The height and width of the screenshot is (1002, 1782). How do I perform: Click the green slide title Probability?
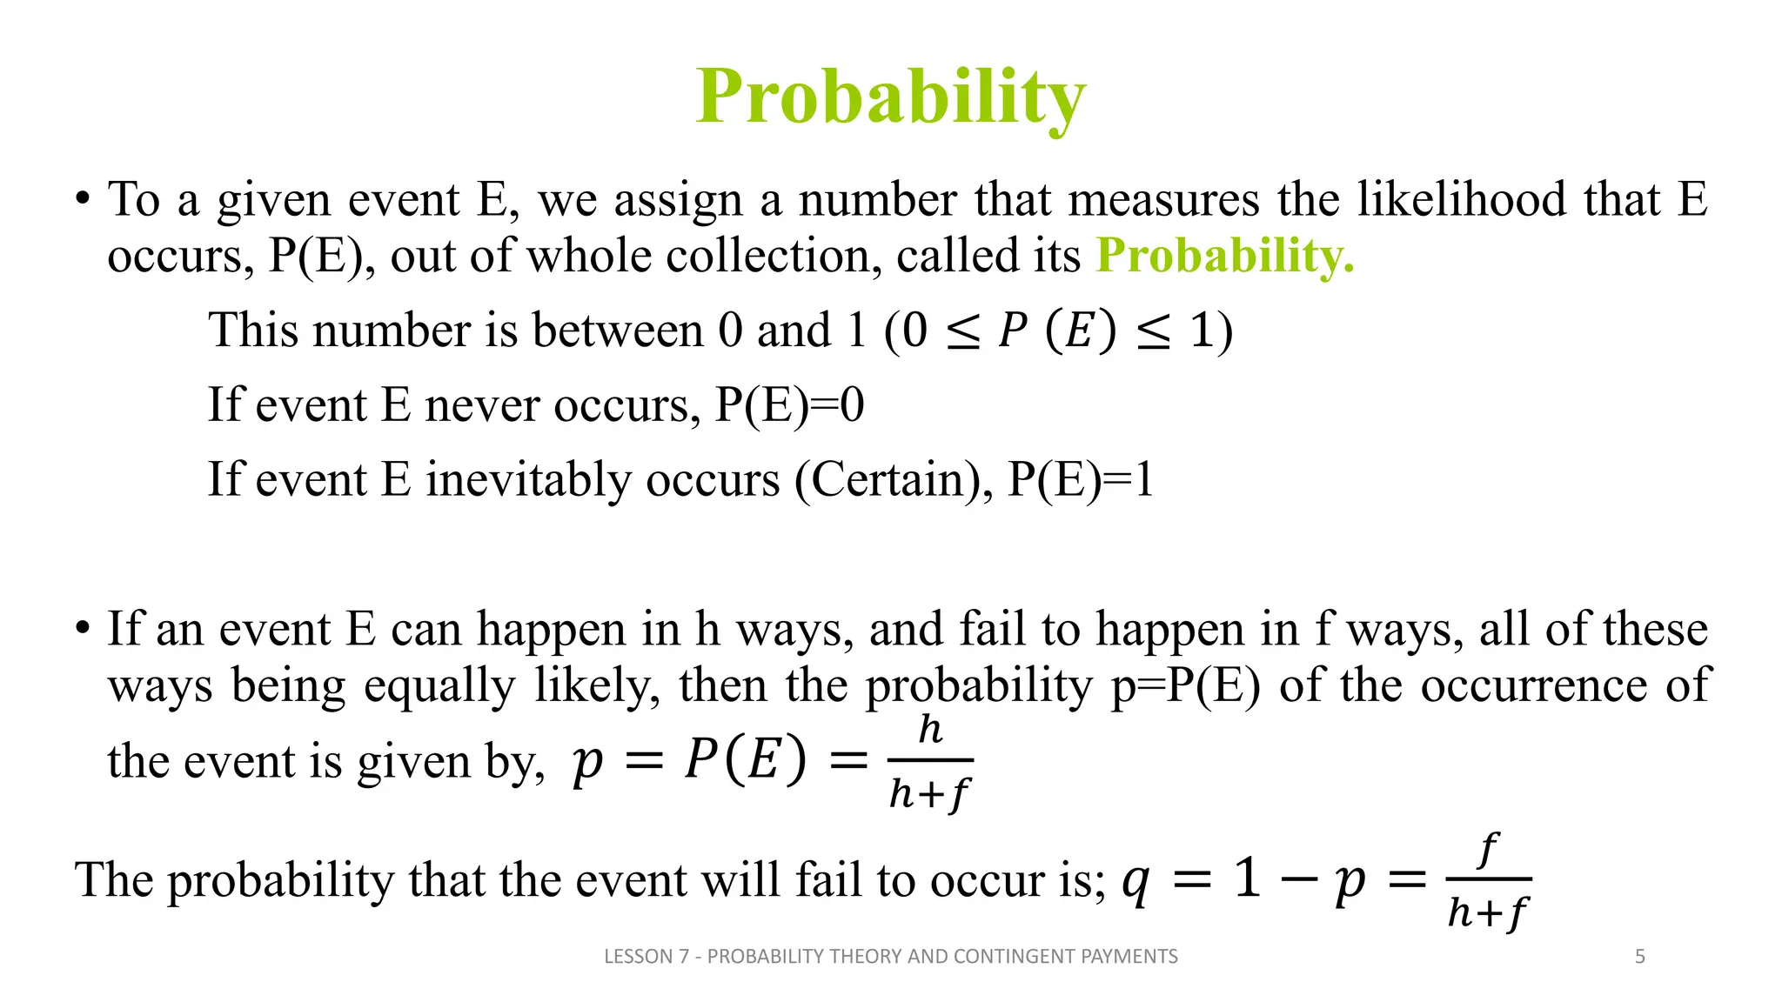point(891,97)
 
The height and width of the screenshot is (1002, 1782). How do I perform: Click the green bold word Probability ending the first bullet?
point(1224,256)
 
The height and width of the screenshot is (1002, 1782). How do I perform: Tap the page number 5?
point(1639,957)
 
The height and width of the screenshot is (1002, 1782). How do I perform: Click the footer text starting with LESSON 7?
point(890,957)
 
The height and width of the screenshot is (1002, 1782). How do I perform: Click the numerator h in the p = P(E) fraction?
point(930,729)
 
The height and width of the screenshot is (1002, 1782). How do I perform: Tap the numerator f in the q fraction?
point(1489,850)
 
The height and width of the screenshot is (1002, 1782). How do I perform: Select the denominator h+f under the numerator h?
point(929,793)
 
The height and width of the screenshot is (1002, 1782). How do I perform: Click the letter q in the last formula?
point(1136,881)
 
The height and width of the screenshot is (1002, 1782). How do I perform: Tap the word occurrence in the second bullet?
point(1534,685)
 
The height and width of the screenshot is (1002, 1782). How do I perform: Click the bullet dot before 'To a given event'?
point(83,199)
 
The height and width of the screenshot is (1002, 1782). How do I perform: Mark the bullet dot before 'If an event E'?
point(83,628)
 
